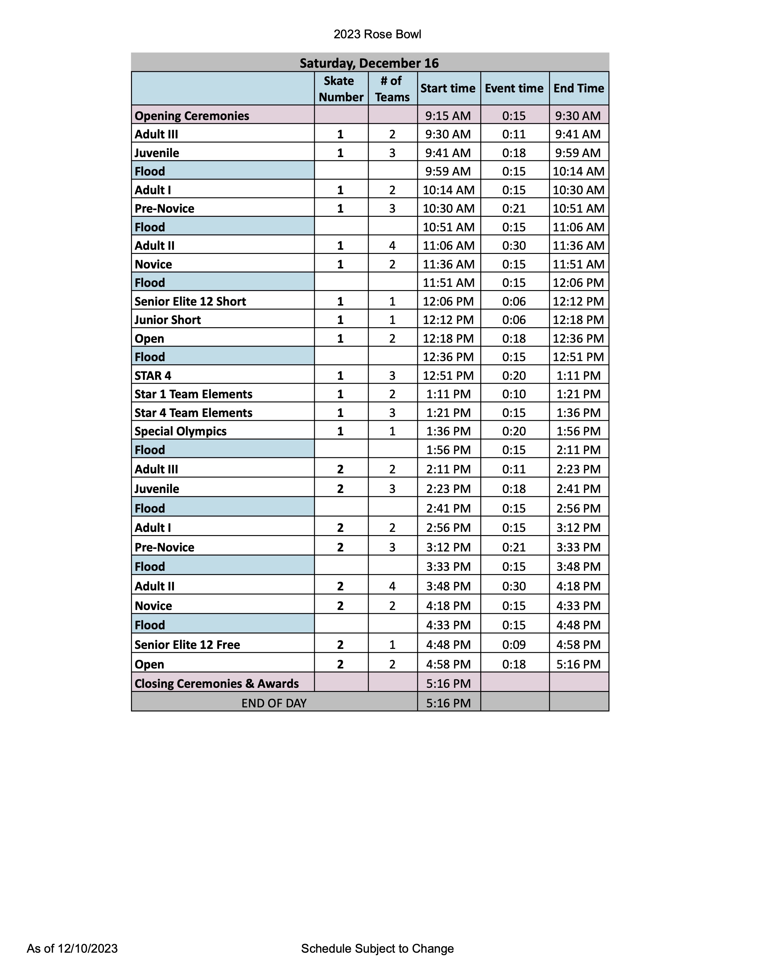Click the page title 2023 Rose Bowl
[x=377, y=34]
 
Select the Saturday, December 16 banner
[x=369, y=63]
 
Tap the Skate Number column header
[x=341, y=89]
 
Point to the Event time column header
[x=514, y=88]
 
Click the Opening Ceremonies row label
[x=192, y=116]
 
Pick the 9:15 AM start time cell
[x=448, y=116]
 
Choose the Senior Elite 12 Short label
[x=191, y=301]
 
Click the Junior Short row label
[x=167, y=320]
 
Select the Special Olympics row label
[x=180, y=431]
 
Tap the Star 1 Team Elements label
[x=194, y=394]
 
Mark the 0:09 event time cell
[x=514, y=645]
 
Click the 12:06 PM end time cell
[x=578, y=283]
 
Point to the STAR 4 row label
[x=153, y=376]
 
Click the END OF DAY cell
[x=274, y=703]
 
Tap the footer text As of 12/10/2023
[x=72, y=948]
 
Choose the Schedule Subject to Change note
[x=377, y=948]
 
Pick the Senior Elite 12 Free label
[x=187, y=645]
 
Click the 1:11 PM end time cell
[x=578, y=376]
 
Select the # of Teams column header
[x=392, y=89]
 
